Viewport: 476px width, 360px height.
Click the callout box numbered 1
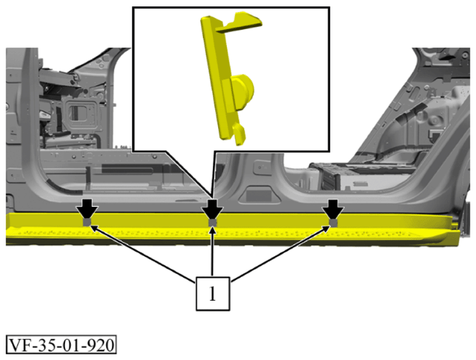click(x=212, y=294)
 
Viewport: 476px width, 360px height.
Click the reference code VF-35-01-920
click(x=61, y=344)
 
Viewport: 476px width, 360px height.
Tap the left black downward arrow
click(x=87, y=208)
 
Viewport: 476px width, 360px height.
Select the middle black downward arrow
click(x=212, y=208)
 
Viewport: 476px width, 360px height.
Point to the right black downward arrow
click(x=333, y=208)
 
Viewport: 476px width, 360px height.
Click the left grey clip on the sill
click(x=87, y=222)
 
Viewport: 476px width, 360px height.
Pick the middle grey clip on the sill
click(x=212, y=223)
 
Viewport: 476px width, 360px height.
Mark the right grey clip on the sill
click(x=334, y=223)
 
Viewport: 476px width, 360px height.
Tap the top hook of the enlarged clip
click(x=240, y=22)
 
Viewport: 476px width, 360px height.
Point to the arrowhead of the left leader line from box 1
click(x=93, y=227)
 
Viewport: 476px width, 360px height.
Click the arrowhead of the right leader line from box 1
click(x=327, y=228)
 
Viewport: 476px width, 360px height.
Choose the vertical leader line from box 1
click(x=212, y=252)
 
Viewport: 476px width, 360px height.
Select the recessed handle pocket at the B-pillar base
click(x=258, y=195)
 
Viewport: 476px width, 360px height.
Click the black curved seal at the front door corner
click(x=63, y=187)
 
